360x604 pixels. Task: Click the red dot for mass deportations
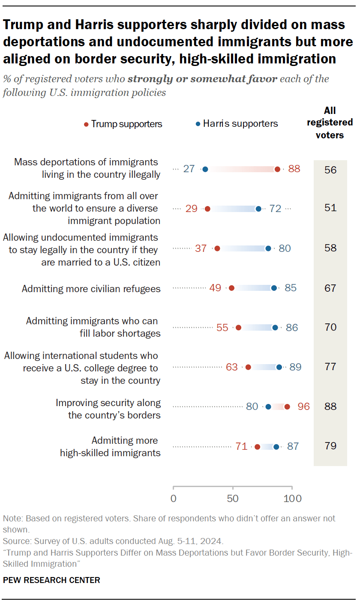click(x=277, y=169)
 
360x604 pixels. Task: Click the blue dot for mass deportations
click(x=205, y=169)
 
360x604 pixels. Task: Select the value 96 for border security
click(x=303, y=407)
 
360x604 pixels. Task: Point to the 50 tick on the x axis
click(x=233, y=499)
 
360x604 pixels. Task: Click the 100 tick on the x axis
click(x=292, y=499)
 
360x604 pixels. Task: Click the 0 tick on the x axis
click(x=173, y=499)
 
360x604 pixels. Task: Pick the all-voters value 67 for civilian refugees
click(x=330, y=288)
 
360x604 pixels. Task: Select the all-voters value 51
click(x=330, y=208)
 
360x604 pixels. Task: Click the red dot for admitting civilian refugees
click(x=231, y=288)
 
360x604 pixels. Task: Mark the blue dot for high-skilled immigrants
click(x=276, y=447)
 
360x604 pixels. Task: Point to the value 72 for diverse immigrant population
click(x=275, y=209)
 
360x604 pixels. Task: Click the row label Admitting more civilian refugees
click(x=91, y=289)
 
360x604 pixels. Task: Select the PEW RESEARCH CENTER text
click(x=51, y=580)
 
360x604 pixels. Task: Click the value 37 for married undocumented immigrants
click(x=201, y=248)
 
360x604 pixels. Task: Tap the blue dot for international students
click(x=279, y=367)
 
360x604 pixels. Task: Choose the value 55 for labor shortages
click(x=222, y=328)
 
